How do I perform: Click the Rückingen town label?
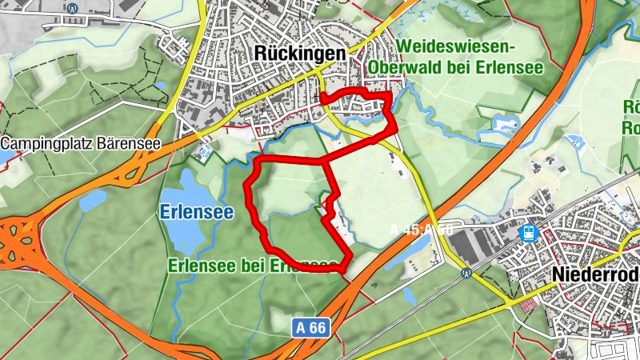coord(300,52)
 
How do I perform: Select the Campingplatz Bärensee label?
coord(81,145)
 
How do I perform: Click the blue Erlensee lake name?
coord(196,213)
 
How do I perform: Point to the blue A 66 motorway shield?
coord(310,326)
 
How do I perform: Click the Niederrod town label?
coord(595,275)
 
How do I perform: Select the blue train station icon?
coord(528,233)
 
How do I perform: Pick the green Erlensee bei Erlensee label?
coord(252,266)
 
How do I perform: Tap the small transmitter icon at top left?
coord(73,9)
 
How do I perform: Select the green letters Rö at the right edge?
coord(631,107)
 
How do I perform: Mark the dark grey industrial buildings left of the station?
coord(480,236)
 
